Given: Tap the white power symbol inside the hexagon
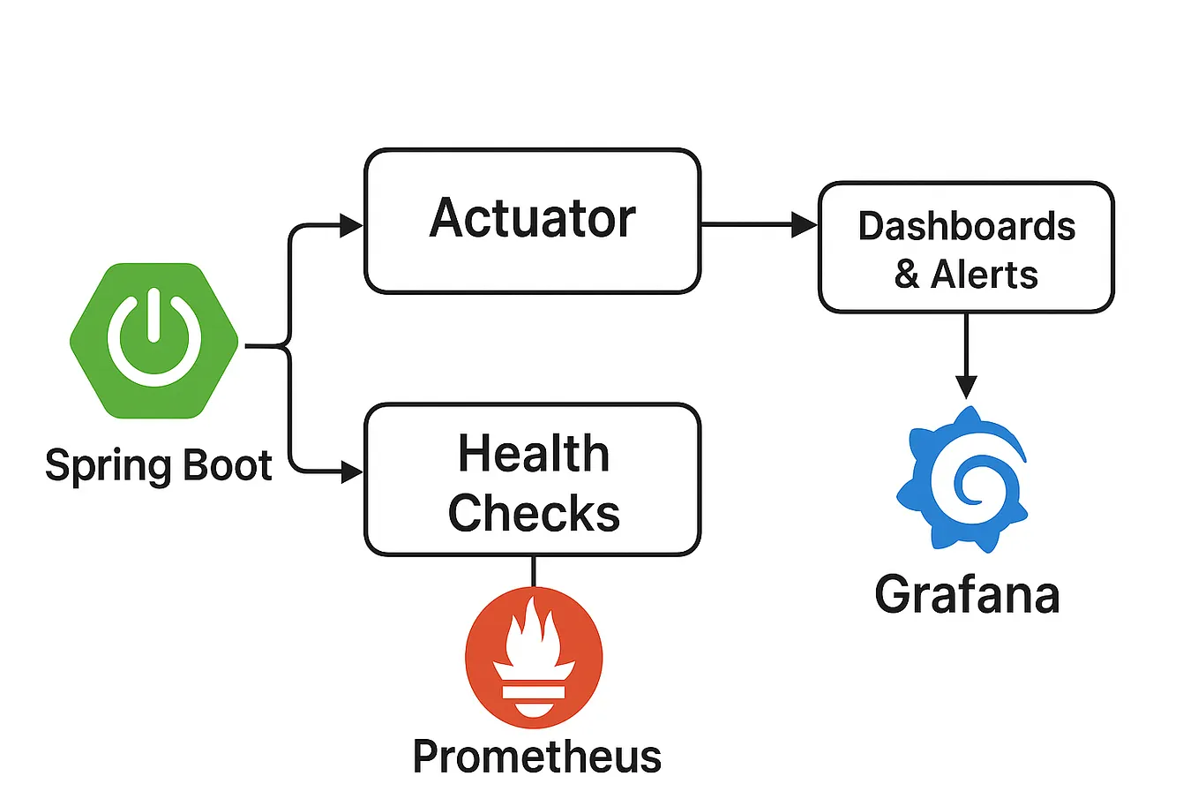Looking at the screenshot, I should coord(154,340).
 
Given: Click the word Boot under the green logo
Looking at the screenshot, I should coord(228,464).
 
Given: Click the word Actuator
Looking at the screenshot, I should coord(532,218).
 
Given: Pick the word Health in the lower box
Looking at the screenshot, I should coord(534,454).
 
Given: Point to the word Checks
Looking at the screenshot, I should coord(534,513).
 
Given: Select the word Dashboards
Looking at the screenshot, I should coord(966,226).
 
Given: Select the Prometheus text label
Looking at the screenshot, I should coord(536,757).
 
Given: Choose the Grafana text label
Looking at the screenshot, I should coord(966,594).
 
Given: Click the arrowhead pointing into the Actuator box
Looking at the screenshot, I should coord(352,226).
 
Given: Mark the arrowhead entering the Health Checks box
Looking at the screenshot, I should coord(352,472).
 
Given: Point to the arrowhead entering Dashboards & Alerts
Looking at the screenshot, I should coord(805,225).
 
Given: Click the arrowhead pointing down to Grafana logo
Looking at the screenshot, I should coord(966,387).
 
